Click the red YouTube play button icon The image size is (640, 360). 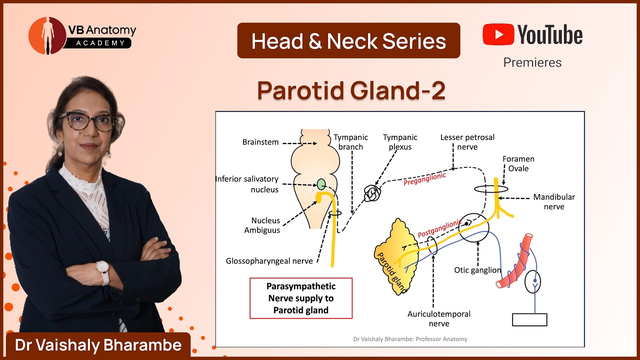coord(497,34)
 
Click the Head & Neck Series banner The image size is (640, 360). coord(348,40)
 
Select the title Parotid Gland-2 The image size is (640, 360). coord(351,90)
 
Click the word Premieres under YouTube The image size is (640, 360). coord(532,62)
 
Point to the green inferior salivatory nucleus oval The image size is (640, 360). coord(321,184)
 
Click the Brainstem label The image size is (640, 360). coord(260,142)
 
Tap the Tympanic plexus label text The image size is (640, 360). coord(400,142)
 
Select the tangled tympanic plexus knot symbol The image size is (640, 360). coord(371,193)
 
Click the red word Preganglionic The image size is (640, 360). coord(424,179)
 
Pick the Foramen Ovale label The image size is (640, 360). coord(518,164)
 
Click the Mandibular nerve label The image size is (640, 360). coord(553,201)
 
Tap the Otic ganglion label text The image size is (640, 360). coord(477,270)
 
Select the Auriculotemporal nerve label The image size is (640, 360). coord(438,318)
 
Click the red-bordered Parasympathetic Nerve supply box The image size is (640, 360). coord(301,298)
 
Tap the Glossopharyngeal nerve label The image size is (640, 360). coord(269,261)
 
